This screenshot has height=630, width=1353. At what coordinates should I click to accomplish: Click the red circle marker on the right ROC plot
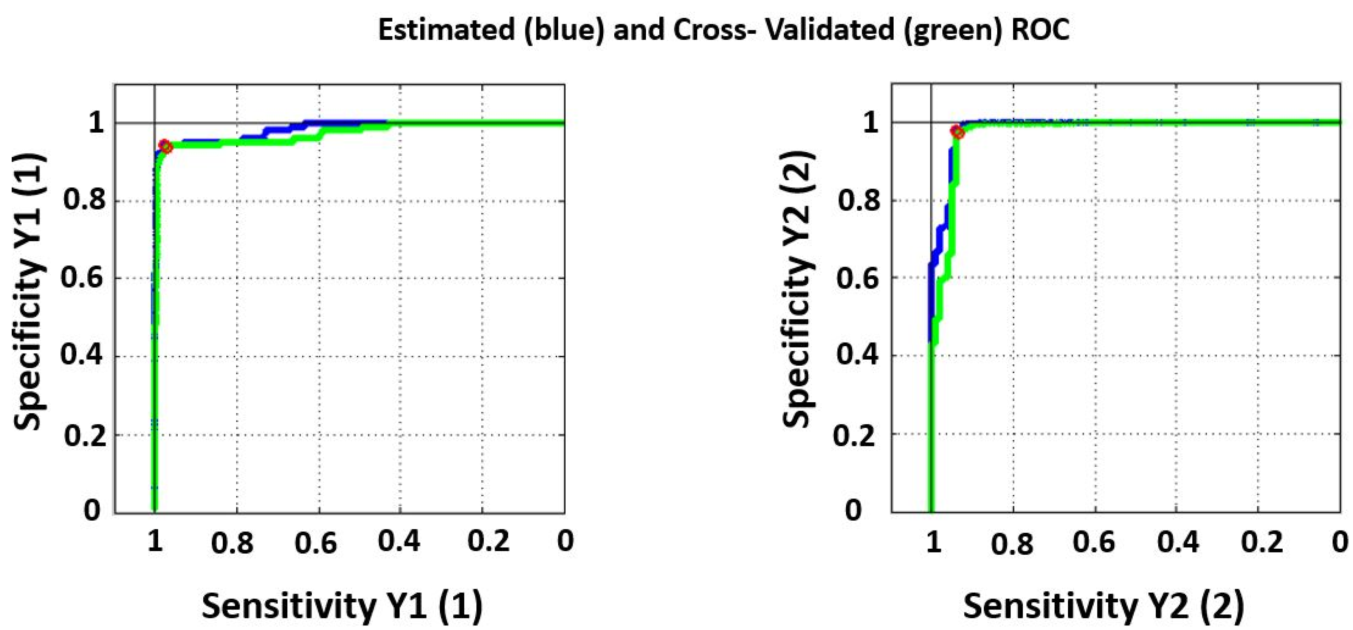[958, 132]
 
